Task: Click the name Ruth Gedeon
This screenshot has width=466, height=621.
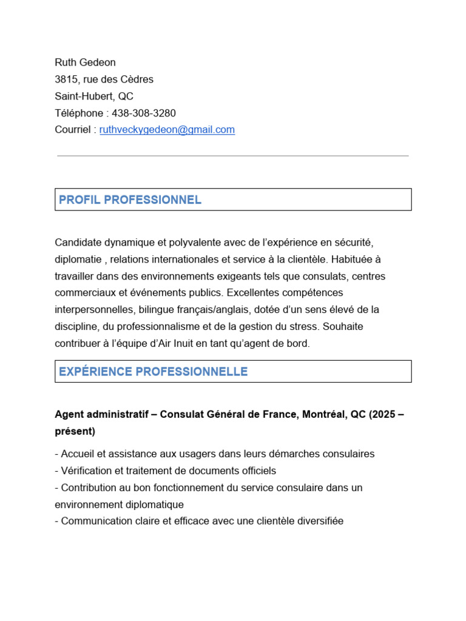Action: (85, 62)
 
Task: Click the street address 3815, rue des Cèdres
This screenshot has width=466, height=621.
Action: (104, 79)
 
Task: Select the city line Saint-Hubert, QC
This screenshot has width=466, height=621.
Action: (94, 96)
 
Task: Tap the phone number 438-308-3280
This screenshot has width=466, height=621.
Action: (144, 113)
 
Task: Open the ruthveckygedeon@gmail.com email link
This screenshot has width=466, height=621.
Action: (167, 130)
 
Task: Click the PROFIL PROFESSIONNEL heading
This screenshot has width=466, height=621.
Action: (130, 200)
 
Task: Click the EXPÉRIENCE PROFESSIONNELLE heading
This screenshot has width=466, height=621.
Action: (154, 372)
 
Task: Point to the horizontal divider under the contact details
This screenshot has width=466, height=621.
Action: (233, 156)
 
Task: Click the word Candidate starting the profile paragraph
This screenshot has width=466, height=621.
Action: (76, 243)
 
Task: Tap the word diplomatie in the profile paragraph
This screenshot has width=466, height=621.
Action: (77, 260)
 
